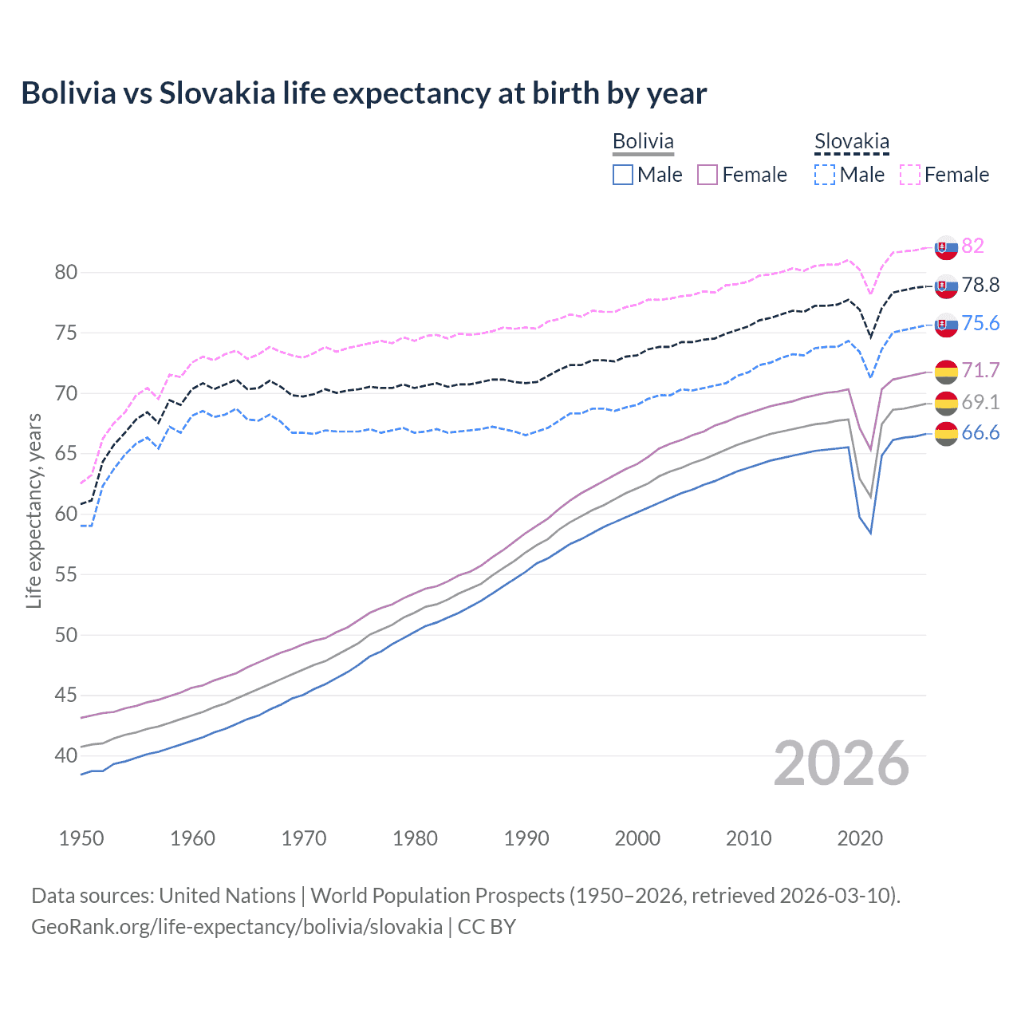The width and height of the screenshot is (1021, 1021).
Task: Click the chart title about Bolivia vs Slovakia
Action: (364, 93)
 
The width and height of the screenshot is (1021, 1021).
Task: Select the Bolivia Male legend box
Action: (623, 175)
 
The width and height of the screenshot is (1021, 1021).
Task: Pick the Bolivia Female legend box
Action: (708, 175)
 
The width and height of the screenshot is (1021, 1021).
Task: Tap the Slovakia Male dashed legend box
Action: (825, 175)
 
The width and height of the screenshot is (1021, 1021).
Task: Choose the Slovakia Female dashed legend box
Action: (910, 175)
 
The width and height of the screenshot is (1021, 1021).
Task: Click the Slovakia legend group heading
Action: (851, 142)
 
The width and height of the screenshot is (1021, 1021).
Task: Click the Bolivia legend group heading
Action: (643, 141)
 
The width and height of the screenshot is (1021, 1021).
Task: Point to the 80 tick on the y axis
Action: (65, 273)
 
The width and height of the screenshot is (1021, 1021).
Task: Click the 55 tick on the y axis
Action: (65, 575)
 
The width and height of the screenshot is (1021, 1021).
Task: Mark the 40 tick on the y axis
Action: (65, 756)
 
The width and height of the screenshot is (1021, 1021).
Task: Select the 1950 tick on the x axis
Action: (81, 838)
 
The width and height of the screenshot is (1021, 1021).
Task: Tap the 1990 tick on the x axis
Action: (526, 838)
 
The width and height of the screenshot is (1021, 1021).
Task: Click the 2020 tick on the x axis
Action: (860, 838)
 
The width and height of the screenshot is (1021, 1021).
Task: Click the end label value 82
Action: (972, 246)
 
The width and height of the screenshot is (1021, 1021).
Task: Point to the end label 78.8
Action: (980, 286)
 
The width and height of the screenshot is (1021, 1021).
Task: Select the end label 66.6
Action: (980, 433)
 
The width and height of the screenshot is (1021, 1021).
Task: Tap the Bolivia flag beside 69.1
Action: (946, 403)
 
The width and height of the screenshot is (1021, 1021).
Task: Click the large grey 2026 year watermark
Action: (841, 763)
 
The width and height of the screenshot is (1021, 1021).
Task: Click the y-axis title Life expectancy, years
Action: (34, 510)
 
